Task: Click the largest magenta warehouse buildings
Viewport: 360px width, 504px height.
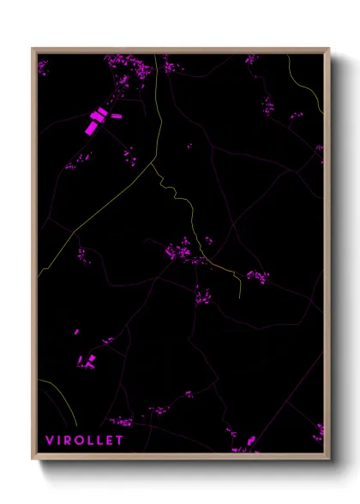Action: click(x=92, y=123)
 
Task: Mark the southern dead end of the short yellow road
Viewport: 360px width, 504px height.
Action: click(x=239, y=296)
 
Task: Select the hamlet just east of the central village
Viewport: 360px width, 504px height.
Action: click(x=256, y=276)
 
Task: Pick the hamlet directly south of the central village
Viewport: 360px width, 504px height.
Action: click(x=203, y=298)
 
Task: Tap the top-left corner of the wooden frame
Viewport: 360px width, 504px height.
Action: click(x=33, y=49)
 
